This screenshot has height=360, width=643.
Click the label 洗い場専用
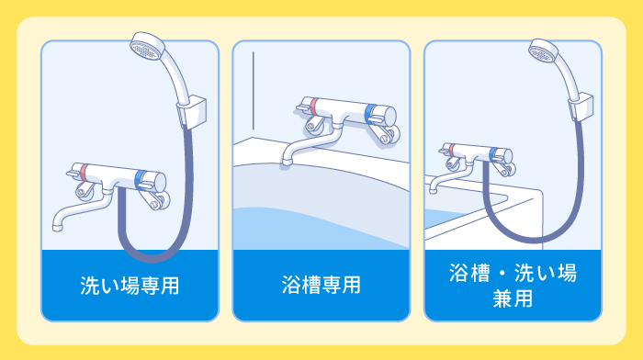[130, 285]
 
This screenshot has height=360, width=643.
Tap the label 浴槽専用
[321, 285]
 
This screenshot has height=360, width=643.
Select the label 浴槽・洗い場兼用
[513, 285]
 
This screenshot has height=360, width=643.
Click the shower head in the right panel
[543, 53]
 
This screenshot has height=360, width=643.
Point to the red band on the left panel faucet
[83, 172]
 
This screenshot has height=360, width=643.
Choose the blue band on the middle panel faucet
[370, 114]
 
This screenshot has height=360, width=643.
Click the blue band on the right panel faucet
[501, 154]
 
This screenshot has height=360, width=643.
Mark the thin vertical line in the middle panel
[254, 86]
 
